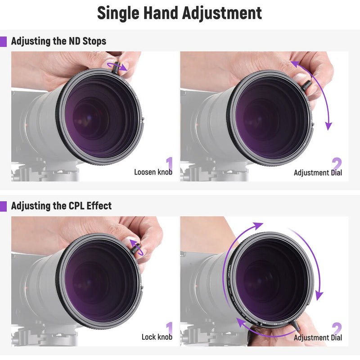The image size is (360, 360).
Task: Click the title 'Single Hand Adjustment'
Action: click(x=180, y=13)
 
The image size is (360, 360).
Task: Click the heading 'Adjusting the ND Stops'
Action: click(x=58, y=41)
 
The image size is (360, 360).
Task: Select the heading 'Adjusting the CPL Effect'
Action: click(x=61, y=206)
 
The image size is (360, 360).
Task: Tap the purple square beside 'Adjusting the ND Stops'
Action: click(x=4, y=41)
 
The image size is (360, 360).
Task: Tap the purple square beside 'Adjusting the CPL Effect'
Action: click(x=4, y=206)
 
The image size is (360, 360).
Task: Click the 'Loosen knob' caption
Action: click(x=153, y=172)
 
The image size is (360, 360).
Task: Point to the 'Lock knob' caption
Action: click(x=157, y=337)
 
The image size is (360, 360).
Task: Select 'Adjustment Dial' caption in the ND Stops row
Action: click(x=318, y=173)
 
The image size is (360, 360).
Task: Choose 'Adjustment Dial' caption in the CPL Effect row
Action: click(x=318, y=337)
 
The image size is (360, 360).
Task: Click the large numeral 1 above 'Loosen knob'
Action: click(x=169, y=163)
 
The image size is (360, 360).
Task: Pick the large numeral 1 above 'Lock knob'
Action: click(x=169, y=328)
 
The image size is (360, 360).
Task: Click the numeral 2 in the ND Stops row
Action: click(x=337, y=163)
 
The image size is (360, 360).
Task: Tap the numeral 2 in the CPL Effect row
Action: click(x=337, y=328)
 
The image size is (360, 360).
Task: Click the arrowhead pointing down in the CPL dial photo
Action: click(x=319, y=296)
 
